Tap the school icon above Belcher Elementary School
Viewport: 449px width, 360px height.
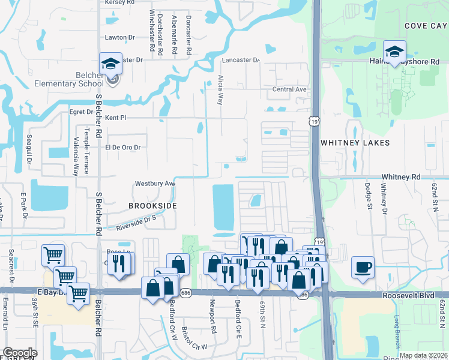coord(111,64)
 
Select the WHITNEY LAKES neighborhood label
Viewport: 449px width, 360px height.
coord(355,143)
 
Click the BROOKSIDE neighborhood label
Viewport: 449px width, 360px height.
coord(152,205)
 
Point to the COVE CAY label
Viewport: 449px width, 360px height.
coord(426,26)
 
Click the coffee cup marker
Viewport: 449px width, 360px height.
coord(363,267)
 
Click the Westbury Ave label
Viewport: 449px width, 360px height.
coord(155,183)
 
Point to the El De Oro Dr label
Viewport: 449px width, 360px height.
coord(122,147)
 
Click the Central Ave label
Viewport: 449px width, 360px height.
coord(289,89)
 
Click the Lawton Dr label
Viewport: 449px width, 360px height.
coord(119,37)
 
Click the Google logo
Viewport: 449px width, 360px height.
coord(20,353)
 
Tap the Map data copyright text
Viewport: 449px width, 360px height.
coord(424,355)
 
